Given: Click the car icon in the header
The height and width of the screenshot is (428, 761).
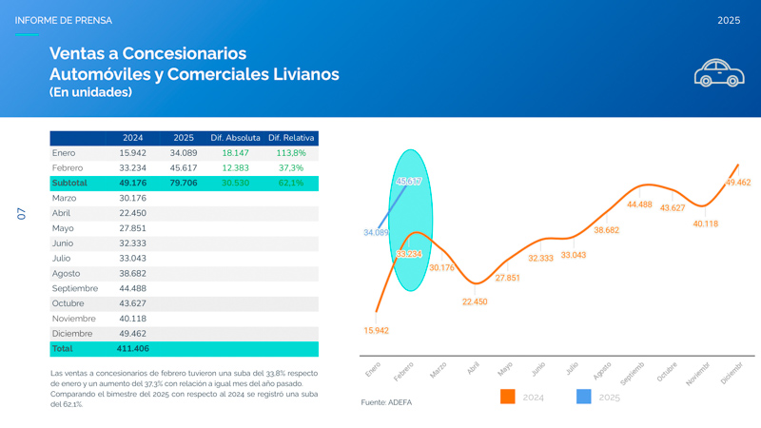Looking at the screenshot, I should pyautogui.click(x=718, y=73).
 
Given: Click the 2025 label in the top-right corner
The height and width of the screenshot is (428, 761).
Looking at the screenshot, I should pyautogui.click(x=729, y=20).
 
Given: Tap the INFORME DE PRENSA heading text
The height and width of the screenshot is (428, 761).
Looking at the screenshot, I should pyautogui.click(x=63, y=20).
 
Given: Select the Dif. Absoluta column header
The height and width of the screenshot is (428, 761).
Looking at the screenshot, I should pyautogui.click(x=235, y=138).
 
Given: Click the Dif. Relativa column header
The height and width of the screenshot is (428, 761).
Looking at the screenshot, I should pyautogui.click(x=292, y=138).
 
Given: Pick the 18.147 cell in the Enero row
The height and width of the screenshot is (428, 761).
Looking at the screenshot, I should pyautogui.click(x=235, y=153).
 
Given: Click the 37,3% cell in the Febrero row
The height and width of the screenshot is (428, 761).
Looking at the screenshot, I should pyautogui.click(x=291, y=168).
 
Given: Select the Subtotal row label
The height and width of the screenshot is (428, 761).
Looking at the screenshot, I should pyautogui.click(x=69, y=183).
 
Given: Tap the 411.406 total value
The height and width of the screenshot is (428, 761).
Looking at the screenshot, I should pyautogui.click(x=133, y=349).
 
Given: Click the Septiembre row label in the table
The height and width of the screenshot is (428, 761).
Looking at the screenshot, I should pyautogui.click(x=75, y=288).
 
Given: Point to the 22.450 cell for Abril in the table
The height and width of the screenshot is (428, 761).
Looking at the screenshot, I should pyautogui.click(x=132, y=213).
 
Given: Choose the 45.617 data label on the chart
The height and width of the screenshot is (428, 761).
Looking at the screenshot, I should pyautogui.click(x=409, y=182).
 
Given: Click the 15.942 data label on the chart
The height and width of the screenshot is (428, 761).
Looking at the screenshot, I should pyautogui.click(x=376, y=331).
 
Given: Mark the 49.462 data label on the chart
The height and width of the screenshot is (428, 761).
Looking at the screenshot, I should pyautogui.click(x=737, y=183).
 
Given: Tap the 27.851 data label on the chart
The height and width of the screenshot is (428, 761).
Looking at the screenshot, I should pyautogui.click(x=507, y=278).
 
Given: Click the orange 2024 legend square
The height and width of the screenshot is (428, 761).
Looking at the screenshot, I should pyautogui.click(x=507, y=397).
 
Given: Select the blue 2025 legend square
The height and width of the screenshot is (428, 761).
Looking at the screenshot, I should pyautogui.click(x=584, y=397).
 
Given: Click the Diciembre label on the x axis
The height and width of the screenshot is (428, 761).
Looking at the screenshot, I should pyautogui.click(x=732, y=373).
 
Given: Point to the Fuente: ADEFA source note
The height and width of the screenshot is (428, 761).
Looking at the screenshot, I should pyautogui.click(x=386, y=402).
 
